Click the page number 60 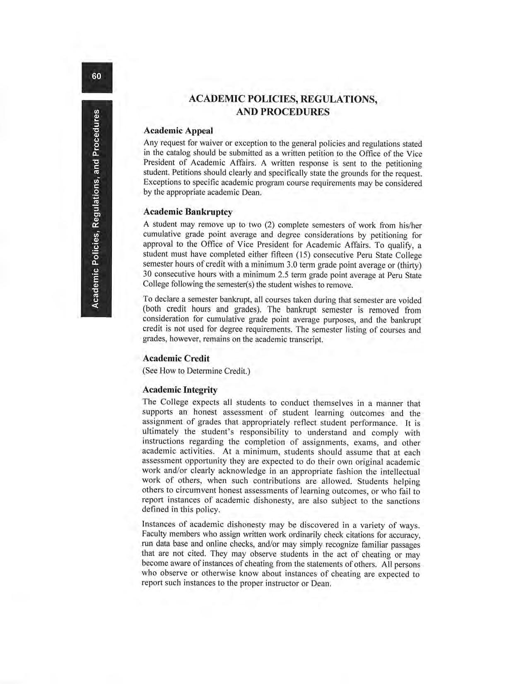coord(96,76)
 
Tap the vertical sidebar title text coord(96,209)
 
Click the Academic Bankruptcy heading coord(188,212)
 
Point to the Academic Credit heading coord(176,358)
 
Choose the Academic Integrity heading coord(180,390)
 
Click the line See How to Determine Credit coord(196,371)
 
